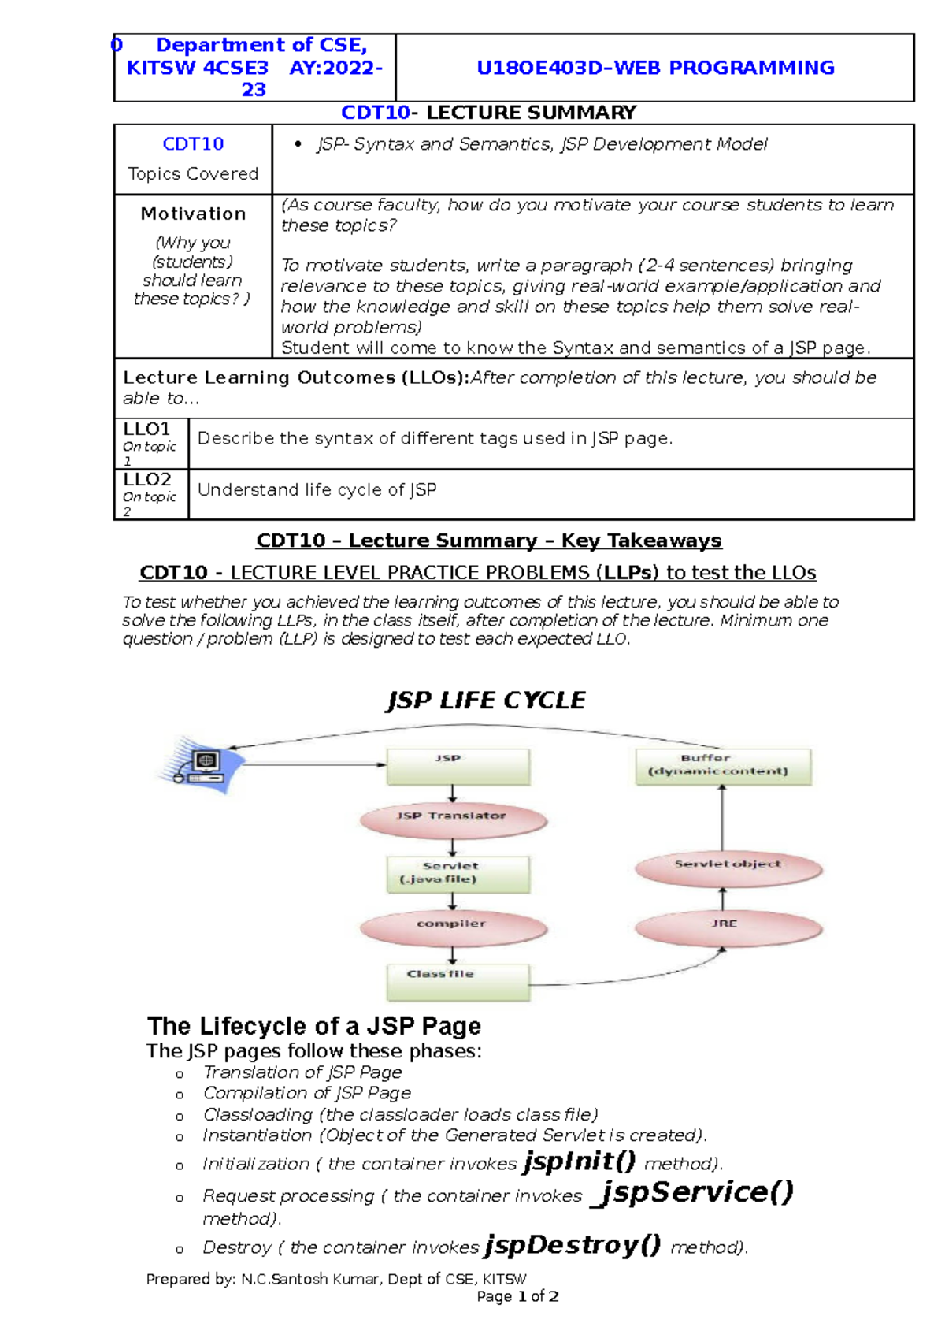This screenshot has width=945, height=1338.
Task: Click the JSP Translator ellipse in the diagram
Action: coord(454,820)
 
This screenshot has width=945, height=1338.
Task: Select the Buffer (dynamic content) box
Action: coord(723,766)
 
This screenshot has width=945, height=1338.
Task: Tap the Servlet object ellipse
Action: coord(728,868)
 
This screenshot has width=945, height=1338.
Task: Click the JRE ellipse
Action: coord(728,927)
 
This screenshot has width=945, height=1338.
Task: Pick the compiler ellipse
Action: coord(454,927)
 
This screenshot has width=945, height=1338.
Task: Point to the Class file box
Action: coord(458,981)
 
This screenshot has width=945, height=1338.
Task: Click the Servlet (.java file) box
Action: coord(458,874)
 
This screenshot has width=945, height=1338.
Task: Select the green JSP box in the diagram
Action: coord(458,765)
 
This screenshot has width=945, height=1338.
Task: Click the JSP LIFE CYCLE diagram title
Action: coord(486,701)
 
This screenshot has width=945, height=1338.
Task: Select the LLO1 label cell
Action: coord(150,444)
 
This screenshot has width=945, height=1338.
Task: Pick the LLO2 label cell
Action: coord(150,494)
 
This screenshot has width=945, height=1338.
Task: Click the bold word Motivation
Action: coord(193,214)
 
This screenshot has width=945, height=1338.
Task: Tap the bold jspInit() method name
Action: coord(580,1161)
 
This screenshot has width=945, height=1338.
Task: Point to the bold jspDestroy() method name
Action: coord(573,1245)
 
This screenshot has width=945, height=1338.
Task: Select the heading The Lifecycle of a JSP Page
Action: coord(313,1026)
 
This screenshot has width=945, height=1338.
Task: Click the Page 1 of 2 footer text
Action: coord(517,1296)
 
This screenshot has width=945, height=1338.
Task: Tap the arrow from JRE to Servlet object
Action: coord(722,899)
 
